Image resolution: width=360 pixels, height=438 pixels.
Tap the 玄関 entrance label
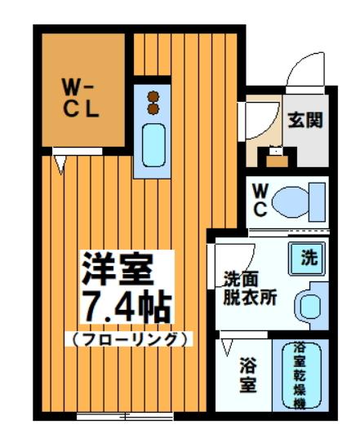click(x=304, y=120)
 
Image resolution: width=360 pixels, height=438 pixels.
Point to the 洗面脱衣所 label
click(x=250, y=288)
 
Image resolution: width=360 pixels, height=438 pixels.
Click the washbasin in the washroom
click(x=310, y=306)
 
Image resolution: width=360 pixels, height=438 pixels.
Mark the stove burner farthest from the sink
click(x=152, y=95)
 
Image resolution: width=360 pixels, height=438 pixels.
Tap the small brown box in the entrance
click(x=277, y=158)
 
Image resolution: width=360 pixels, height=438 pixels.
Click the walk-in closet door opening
click(x=60, y=151)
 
